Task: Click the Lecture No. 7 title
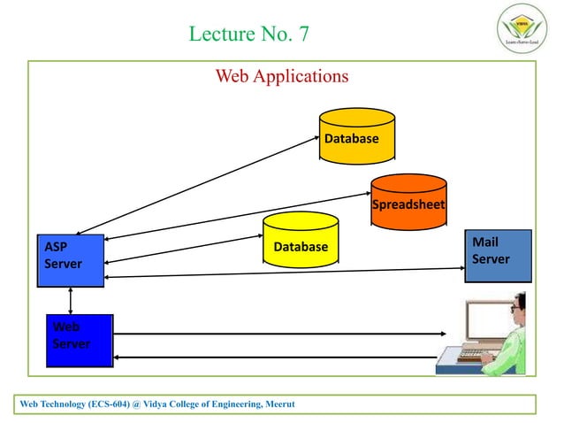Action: click(x=249, y=35)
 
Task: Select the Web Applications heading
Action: click(x=282, y=76)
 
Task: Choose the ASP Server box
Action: click(x=70, y=258)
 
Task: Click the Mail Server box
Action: click(x=498, y=255)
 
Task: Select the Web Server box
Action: click(x=80, y=340)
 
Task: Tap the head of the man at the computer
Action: click(x=518, y=305)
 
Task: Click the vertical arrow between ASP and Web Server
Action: click(x=71, y=300)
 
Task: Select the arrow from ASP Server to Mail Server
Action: click(x=283, y=273)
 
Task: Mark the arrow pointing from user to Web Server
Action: click(x=274, y=358)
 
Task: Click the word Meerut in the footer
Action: click(x=278, y=404)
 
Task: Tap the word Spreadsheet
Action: click(x=408, y=207)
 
